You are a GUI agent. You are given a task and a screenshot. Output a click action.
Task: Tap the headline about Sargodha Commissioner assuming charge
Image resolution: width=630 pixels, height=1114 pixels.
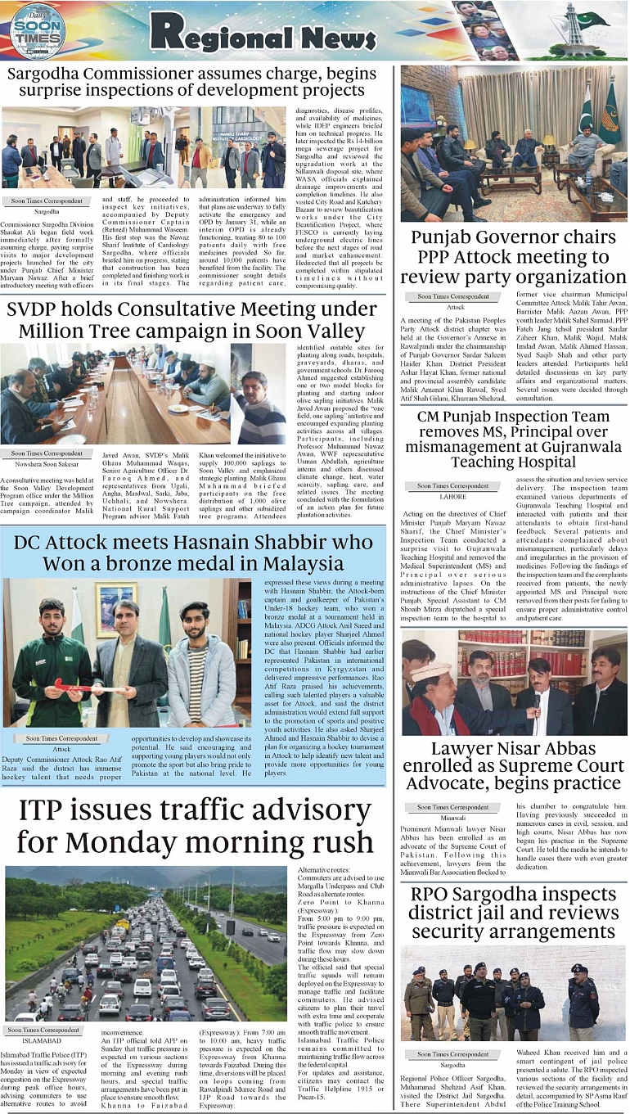click(191, 83)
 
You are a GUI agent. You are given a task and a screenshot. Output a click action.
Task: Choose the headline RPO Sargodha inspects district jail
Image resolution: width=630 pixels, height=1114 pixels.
click(513, 913)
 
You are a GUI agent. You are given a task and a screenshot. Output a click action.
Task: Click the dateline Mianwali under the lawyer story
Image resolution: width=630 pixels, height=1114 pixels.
click(452, 817)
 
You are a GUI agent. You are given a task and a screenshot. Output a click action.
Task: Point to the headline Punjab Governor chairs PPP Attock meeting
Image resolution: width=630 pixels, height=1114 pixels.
click(513, 256)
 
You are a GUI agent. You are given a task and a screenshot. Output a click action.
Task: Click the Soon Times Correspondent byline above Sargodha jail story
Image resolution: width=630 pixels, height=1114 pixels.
click(452, 1054)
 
